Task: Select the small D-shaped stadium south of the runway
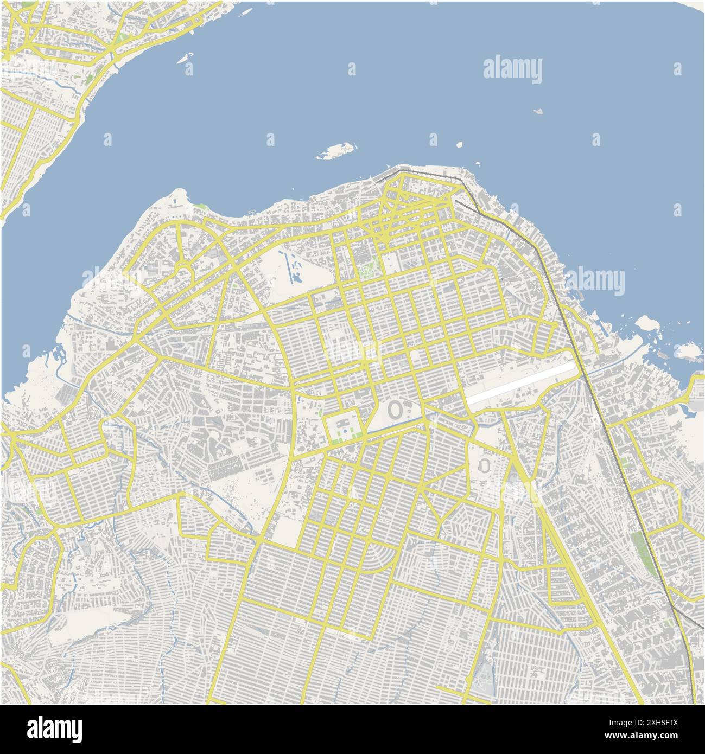click(x=485, y=465)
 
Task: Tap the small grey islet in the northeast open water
click(x=538, y=111)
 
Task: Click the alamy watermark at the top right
click(x=512, y=70)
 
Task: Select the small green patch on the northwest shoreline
click(x=202, y=207)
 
